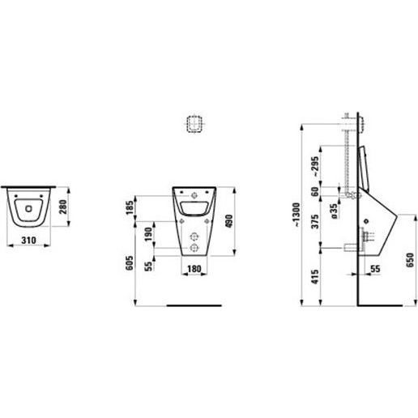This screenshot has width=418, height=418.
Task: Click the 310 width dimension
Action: (x=28, y=240)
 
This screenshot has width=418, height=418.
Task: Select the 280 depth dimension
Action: (x=63, y=207)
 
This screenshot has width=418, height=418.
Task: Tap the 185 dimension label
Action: (x=130, y=207)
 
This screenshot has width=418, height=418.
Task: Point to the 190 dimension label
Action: (x=148, y=234)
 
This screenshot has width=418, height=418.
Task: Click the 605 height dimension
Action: (x=130, y=262)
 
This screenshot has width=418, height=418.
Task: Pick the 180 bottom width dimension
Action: (x=194, y=269)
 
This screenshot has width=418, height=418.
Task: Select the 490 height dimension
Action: (x=228, y=221)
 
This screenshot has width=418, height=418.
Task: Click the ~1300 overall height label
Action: (x=296, y=215)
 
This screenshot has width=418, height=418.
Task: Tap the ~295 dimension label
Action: (x=315, y=166)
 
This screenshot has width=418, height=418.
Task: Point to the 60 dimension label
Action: (x=315, y=191)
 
